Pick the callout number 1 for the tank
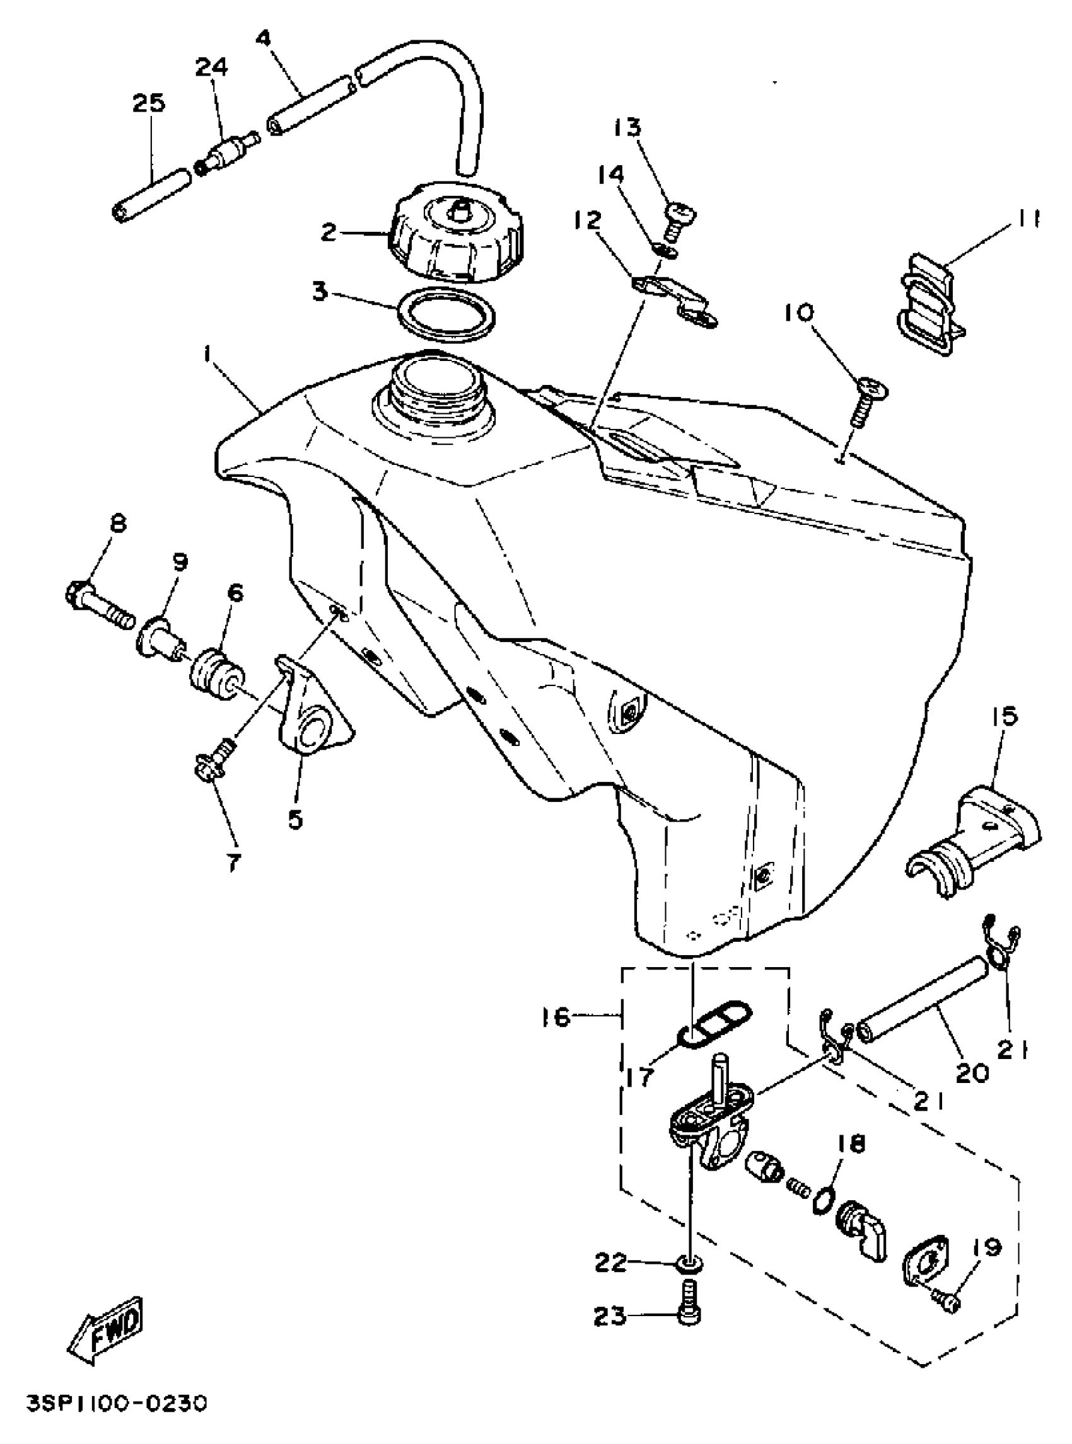click(x=207, y=355)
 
